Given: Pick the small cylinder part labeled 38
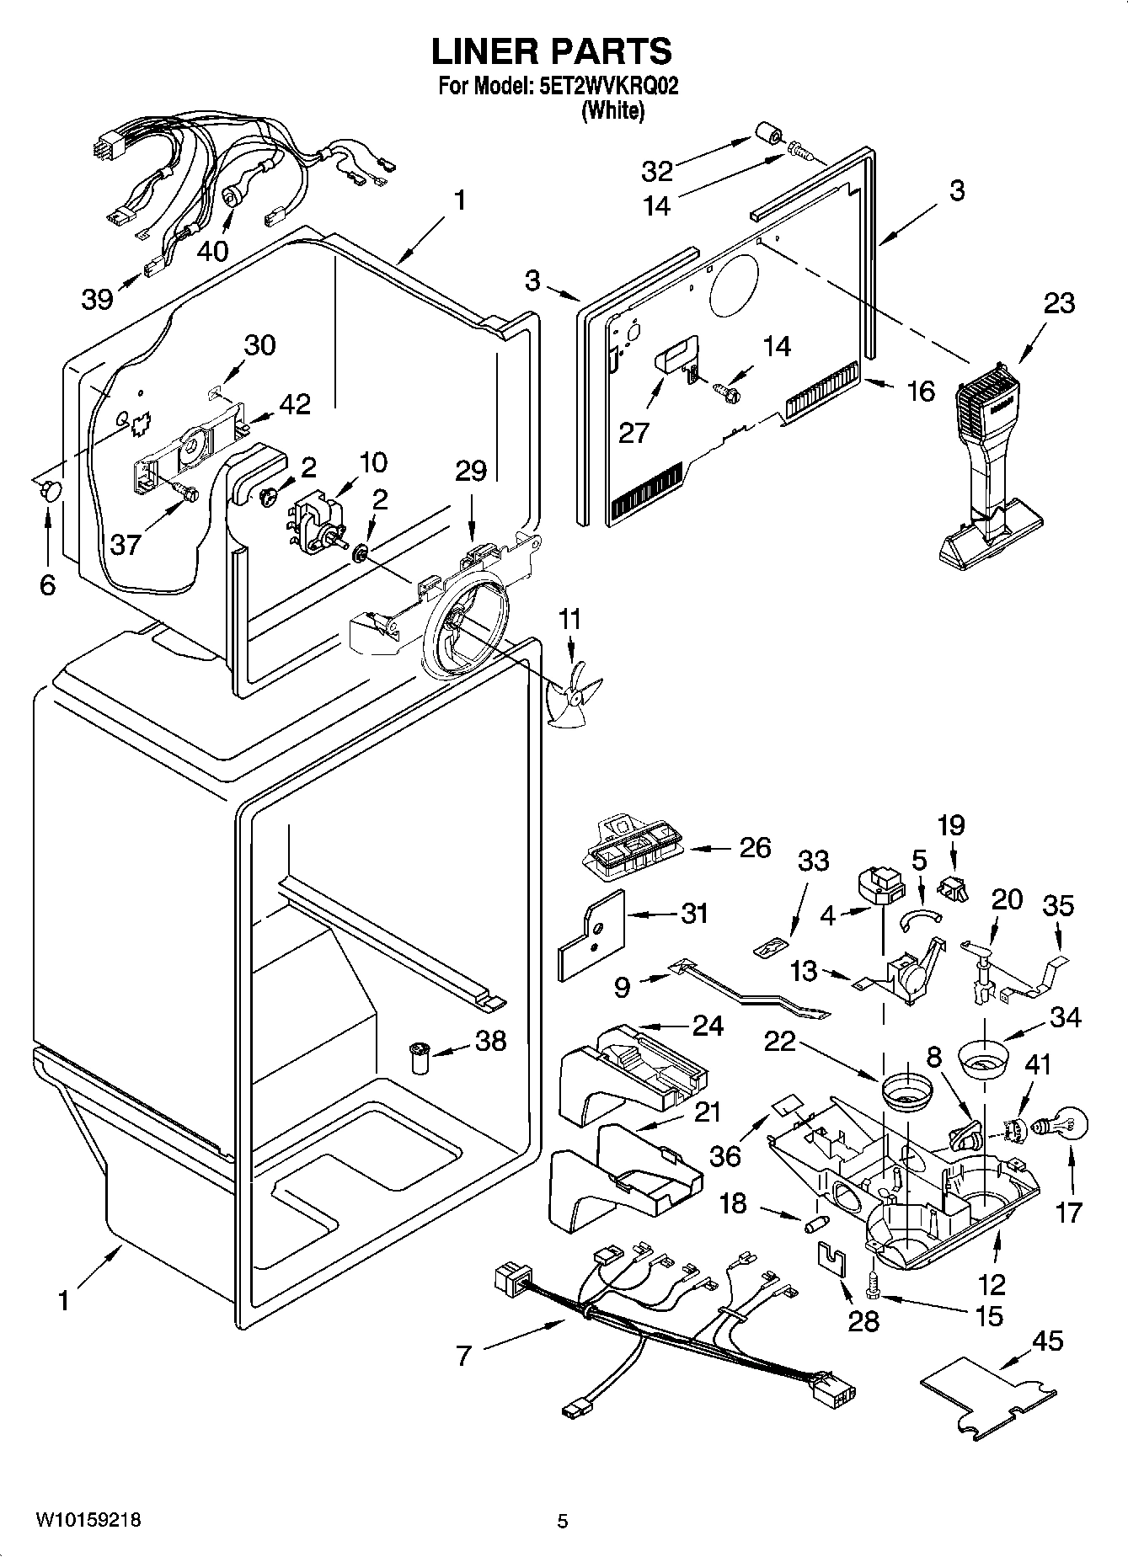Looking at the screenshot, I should [x=419, y=1057].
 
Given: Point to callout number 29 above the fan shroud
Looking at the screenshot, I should [x=471, y=471].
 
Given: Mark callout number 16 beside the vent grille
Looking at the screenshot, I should [x=922, y=391].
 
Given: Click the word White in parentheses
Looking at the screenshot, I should [x=612, y=110].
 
